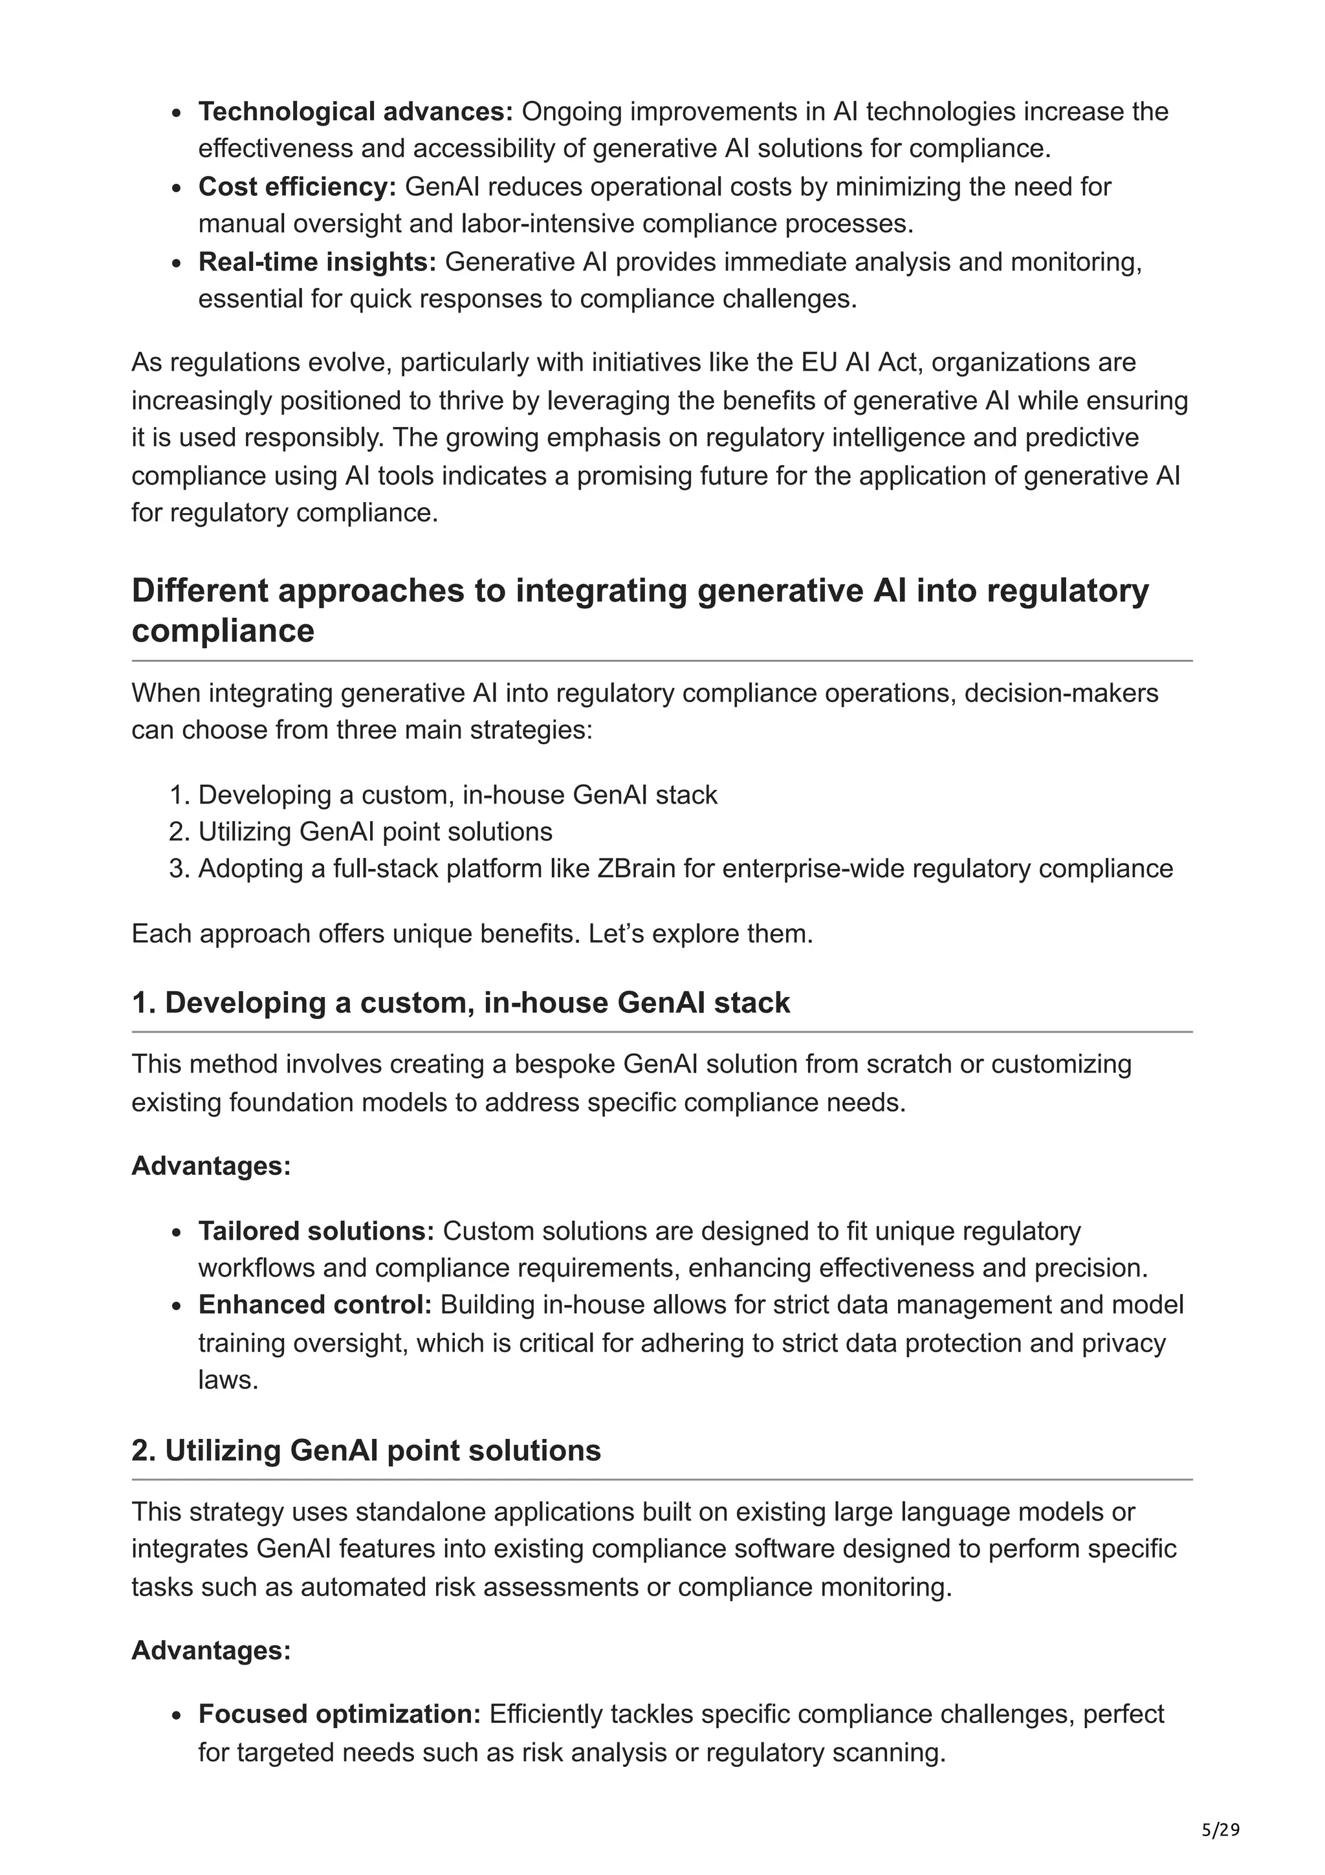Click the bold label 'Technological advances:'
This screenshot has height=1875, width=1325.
coord(355,111)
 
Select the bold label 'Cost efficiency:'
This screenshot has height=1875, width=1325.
coord(296,186)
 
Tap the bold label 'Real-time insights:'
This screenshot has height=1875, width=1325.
coord(317,261)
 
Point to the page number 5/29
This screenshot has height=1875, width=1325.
coord(1220,1830)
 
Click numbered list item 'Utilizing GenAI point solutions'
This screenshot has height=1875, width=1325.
coord(375,831)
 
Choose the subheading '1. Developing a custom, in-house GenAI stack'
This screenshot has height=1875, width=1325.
coord(461,1002)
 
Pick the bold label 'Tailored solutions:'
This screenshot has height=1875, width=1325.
coord(316,1230)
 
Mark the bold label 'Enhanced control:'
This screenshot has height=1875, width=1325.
coord(314,1304)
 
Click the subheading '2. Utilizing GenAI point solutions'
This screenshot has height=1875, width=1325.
coord(366,1451)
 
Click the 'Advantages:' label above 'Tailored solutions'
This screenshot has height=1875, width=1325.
coord(211,1165)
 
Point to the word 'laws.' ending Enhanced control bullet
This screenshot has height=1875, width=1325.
coord(228,1379)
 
